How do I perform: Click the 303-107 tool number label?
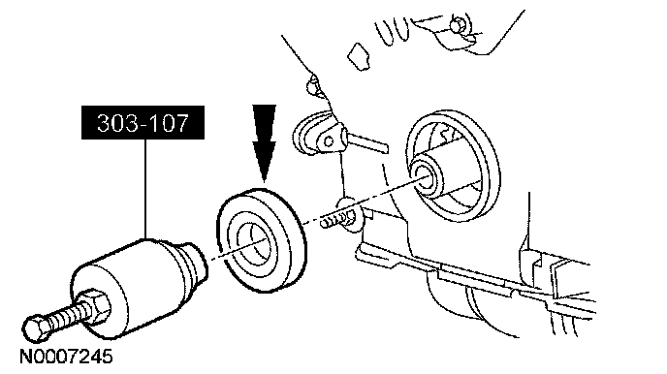[143, 122]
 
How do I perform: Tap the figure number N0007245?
[66, 357]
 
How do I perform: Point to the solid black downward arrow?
[264, 142]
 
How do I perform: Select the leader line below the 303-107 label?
[145, 189]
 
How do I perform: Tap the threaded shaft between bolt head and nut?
[64, 317]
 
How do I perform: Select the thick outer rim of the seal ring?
[263, 240]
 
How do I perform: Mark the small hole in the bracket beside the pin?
[329, 142]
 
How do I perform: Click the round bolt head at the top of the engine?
[458, 24]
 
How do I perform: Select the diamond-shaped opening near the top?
[359, 56]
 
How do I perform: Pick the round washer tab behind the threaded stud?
[351, 215]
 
